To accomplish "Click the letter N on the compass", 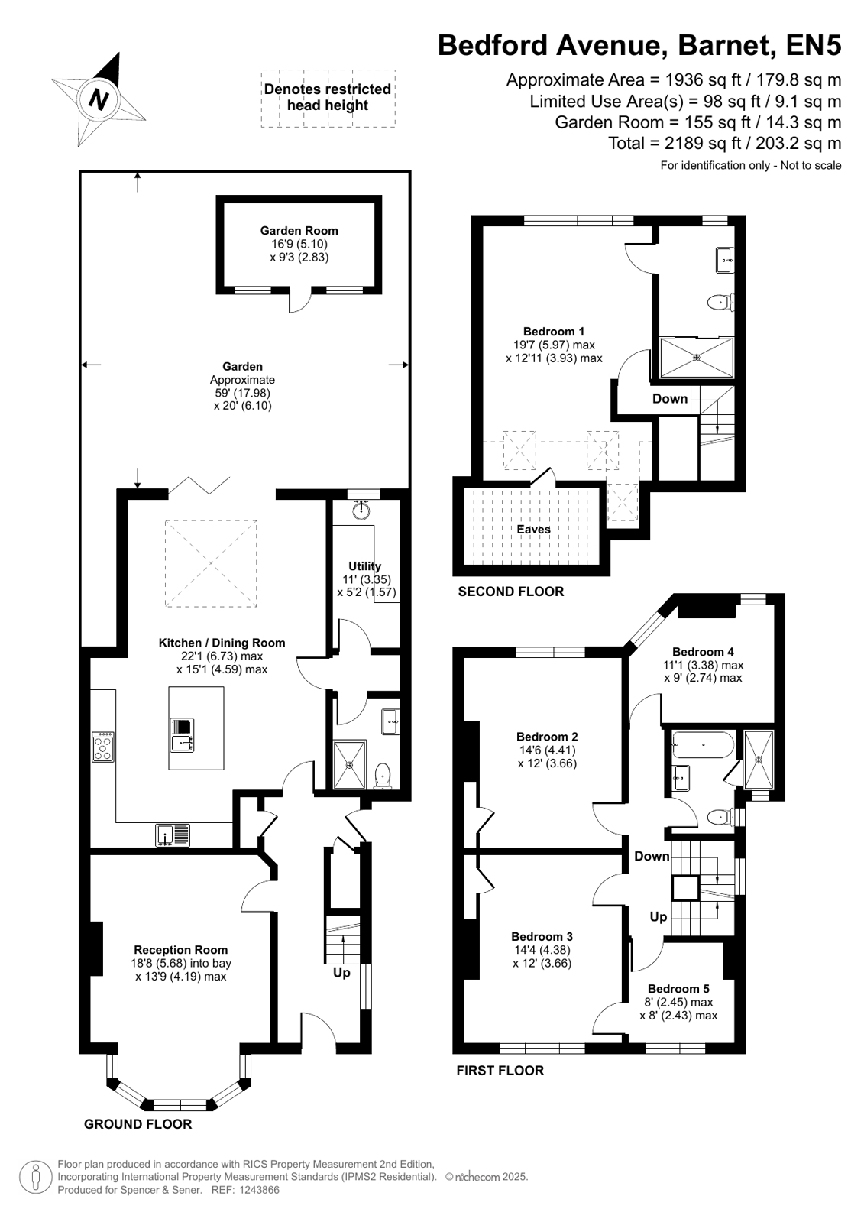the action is (99, 99).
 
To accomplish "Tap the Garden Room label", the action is (299, 230).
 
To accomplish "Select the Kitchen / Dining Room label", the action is (222, 643).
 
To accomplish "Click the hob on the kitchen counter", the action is (103, 747).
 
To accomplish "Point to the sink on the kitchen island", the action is (182, 734).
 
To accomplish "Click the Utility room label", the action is (365, 566).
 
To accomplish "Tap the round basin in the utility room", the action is (361, 510).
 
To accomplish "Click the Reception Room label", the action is (180, 950).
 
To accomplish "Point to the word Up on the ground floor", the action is (341, 973).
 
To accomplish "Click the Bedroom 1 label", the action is (554, 331).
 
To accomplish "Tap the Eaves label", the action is (533, 529).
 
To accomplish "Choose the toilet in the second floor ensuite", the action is (722, 302).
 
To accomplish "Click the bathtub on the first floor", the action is (703, 744).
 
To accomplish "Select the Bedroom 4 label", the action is (703, 651).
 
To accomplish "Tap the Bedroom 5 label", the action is (678, 988).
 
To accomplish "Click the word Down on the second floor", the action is (670, 398).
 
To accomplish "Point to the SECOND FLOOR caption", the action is (510, 592).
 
